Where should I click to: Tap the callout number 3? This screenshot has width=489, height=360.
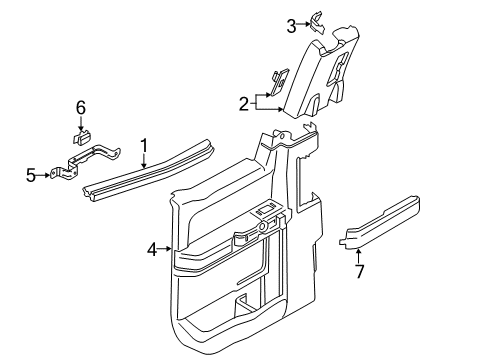point(291,25)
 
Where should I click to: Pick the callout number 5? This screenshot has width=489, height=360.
point(31,175)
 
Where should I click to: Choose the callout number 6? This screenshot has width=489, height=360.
point(82,107)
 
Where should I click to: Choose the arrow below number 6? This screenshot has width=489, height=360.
point(82,123)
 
